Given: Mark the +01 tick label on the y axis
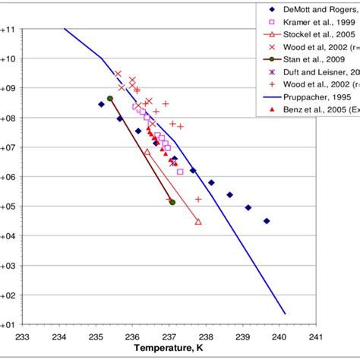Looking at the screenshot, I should tap(8, 324).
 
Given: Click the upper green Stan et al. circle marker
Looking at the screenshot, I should tap(110, 98).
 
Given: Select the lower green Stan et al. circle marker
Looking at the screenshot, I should tap(172, 202).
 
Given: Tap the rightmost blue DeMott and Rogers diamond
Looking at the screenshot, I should tap(267, 221).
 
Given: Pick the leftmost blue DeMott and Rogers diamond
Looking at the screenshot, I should tap(101, 104).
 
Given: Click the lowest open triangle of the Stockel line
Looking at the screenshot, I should tap(198, 222).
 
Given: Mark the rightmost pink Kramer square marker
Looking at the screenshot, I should tap(180, 172).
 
